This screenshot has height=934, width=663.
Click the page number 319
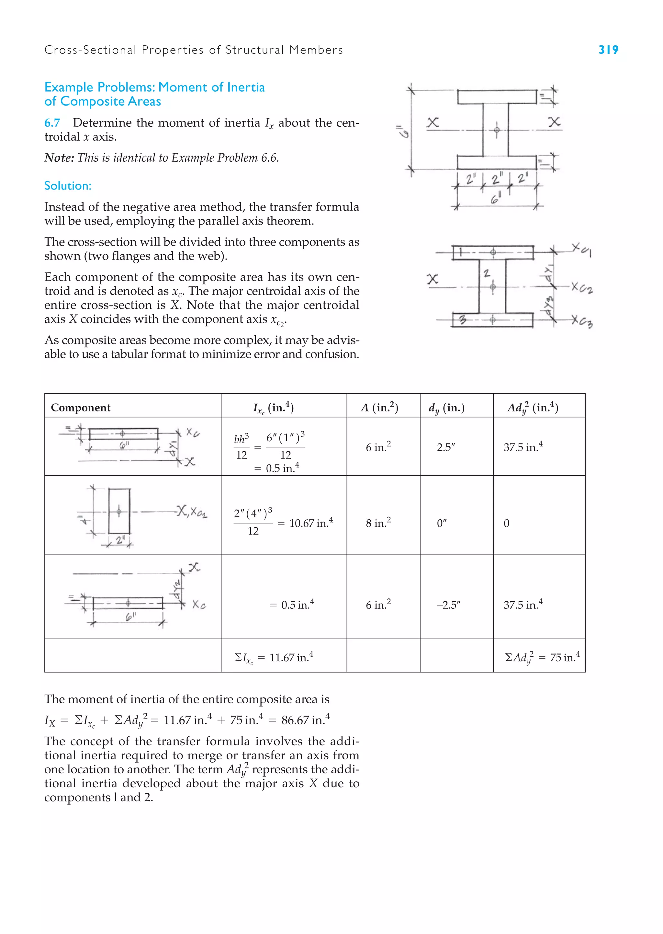click(608, 50)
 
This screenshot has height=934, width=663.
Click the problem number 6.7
click(52, 122)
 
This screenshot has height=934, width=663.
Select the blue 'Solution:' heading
click(68, 186)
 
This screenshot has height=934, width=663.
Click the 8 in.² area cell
click(378, 523)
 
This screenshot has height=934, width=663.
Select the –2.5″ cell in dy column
click(448, 605)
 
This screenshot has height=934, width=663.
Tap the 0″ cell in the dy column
click(442, 523)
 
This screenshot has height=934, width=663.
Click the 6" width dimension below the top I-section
click(496, 199)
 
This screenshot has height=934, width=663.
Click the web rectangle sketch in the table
click(119, 511)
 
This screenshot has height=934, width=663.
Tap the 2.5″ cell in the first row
click(445, 447)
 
